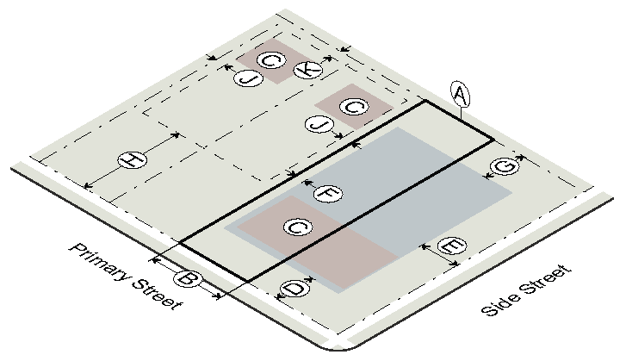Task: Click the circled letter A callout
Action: [x=460, y=95]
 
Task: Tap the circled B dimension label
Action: [x=187, y=278]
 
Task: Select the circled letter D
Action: [x=294, y=289]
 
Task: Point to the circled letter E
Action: [x=452, y=246]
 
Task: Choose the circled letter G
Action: [x=505, y=166]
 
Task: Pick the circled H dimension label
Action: [x=133, y=160]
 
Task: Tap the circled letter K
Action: [x=307, y=70]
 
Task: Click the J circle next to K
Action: [x=248, y=78]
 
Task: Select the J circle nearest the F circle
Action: [x=319, y=125]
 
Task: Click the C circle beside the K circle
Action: [x=271, y=60]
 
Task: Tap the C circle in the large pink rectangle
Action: [x=298, y=227]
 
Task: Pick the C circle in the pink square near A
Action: [x=354, y=106]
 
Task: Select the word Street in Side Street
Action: [x=547, y=279]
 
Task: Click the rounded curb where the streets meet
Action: [x=338, y=349]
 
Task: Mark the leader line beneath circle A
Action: [x=462, y=114]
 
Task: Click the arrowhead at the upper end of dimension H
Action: [x=176, y=135]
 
